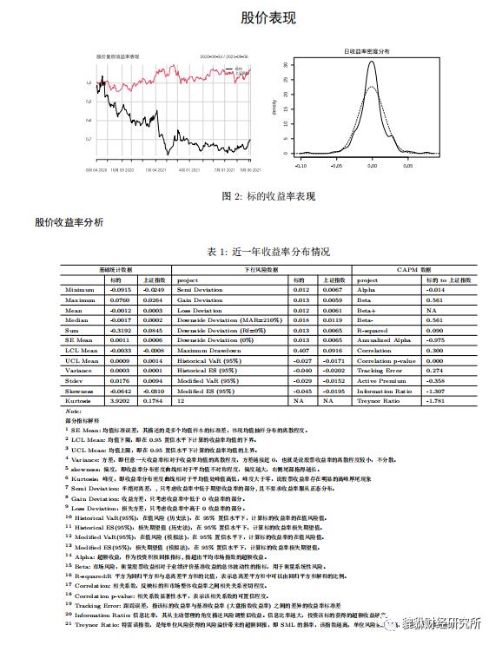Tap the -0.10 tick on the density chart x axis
pos(301,163)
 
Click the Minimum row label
pos(79,289)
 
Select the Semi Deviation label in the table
pos(200,289)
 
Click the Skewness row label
pos(79,392)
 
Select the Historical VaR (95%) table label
pos(209,361)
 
